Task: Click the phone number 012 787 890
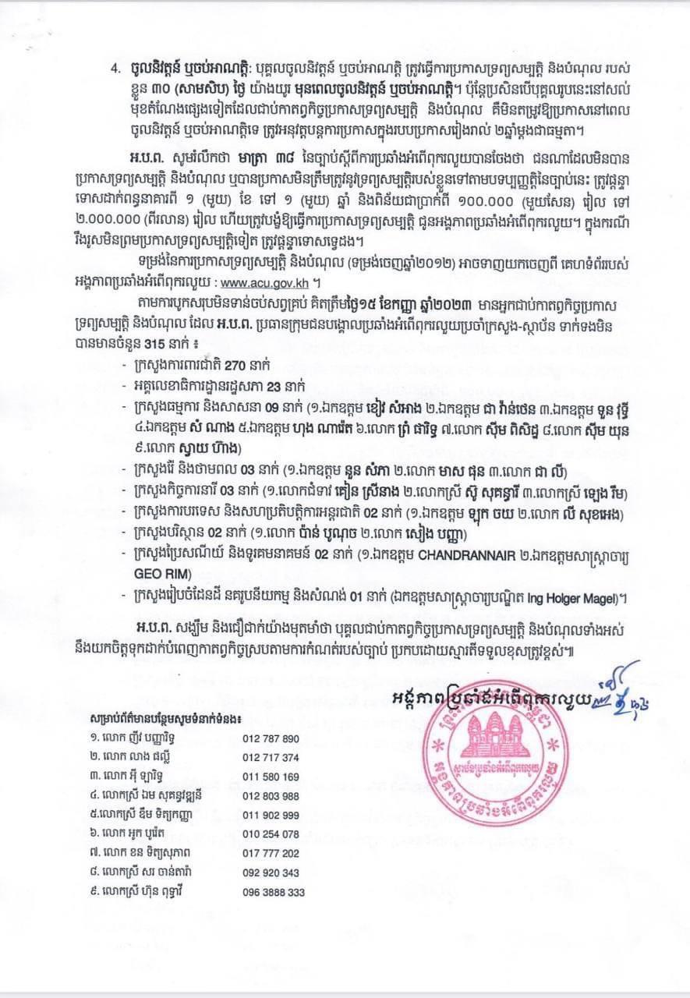click(x=271, y=738)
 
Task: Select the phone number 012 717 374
click(x=271, y=757)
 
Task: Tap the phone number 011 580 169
click(x=271, y=777)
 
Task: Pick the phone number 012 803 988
click(x=271, y=796)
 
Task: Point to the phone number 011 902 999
click(x=271, y=815)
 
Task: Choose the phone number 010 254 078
click(x=271, y=834)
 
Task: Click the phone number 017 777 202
click(x=271, y=853)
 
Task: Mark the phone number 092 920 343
click(x=271, y=872)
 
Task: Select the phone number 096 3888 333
click(x=274, y=892)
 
